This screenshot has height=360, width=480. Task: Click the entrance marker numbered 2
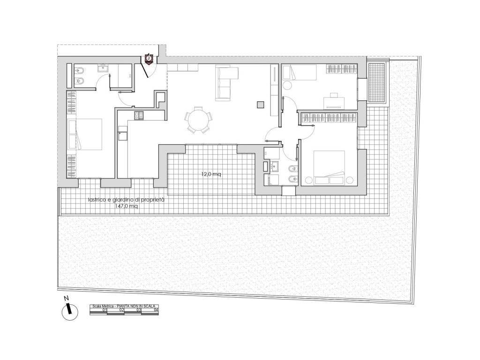[x=149, y=58]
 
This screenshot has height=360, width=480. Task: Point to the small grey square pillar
[x=260, y=105]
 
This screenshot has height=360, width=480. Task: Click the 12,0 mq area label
[x=211, y=174]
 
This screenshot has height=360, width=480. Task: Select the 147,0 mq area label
[x=127, y=206]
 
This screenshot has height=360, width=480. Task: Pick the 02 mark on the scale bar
[x=121, y=310]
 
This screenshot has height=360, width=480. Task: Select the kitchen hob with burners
[x=139, y=115]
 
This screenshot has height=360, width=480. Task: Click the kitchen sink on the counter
[x=123, y=136]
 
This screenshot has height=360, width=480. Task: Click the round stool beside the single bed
[x=288, y=85]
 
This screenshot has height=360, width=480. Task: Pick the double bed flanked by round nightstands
[x=330, y=167]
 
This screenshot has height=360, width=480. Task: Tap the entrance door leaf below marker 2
[x=145, y=70]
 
